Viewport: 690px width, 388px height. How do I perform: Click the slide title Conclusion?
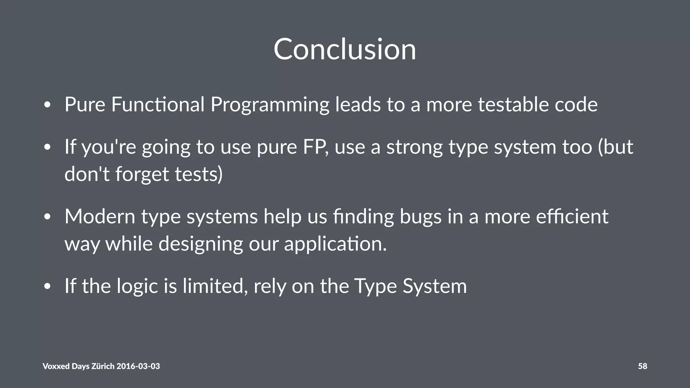point(345,50)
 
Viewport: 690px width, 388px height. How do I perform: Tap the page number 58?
point(642,366)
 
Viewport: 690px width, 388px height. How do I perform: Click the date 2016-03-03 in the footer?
point(138,366)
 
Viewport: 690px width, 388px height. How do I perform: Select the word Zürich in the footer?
point(103,366)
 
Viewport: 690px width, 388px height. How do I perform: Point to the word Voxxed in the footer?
point(56,366)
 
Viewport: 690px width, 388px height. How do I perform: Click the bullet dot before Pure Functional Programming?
point(48,105)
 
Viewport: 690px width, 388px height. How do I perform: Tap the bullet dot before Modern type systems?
point(48,217)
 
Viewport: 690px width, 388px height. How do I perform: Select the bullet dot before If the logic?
point(48,287)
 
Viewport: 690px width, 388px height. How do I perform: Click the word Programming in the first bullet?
point(270,105)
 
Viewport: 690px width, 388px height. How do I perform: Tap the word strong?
point(414,148)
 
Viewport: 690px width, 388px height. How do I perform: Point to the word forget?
point(142,175)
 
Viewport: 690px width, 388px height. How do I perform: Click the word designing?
point(200,244)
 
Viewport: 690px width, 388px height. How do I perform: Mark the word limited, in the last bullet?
point(215,286)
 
